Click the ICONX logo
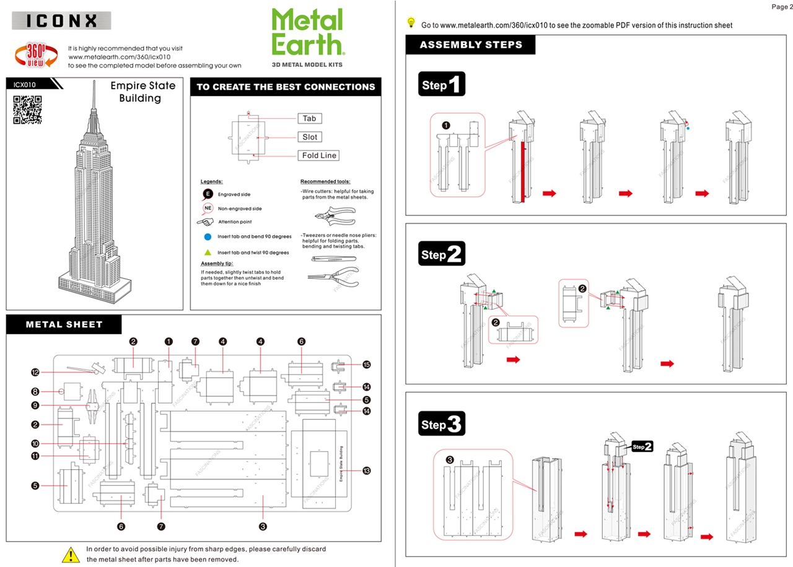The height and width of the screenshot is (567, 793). coord(61,20)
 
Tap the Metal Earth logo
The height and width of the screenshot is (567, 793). coord(307,32)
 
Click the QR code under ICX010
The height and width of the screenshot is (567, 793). coord(27,110)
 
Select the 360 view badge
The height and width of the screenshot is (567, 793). coord(35,56)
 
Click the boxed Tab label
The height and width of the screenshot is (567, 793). coord(310,118)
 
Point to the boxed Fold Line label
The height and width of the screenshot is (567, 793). coord(319,155)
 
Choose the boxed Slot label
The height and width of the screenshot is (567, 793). coord(310,137)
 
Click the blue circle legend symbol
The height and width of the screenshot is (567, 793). coord(208,236)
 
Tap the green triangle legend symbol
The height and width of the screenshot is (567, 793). coord(208,253)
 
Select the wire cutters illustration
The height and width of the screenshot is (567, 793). coord(333,215)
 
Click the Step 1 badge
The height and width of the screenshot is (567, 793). coord(442,84)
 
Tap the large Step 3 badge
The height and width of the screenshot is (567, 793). coord(442,424)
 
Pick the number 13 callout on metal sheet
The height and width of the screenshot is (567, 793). coord(367,470)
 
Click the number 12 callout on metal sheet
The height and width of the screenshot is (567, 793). coord(35,372)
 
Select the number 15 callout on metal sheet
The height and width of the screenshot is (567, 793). coord(367,365)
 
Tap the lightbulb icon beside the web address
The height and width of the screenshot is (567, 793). coord(411,23)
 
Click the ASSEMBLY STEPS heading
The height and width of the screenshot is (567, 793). coord(471,45)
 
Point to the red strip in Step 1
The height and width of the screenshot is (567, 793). coord(523,171)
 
